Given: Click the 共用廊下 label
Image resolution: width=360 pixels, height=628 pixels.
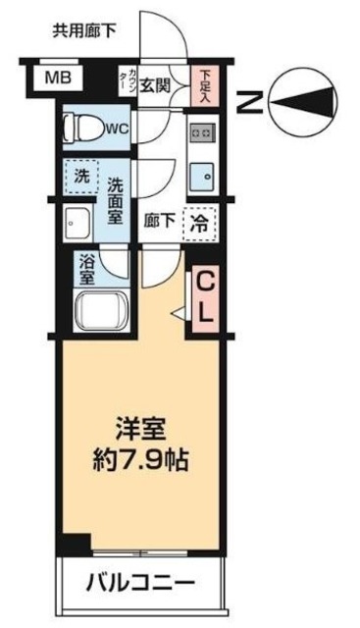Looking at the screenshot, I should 84,30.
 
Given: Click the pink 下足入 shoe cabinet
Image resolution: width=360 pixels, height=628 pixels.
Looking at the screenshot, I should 206,86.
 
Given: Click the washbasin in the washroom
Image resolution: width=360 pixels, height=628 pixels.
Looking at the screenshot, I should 80,222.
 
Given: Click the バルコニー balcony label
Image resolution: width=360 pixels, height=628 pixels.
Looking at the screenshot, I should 141,583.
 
